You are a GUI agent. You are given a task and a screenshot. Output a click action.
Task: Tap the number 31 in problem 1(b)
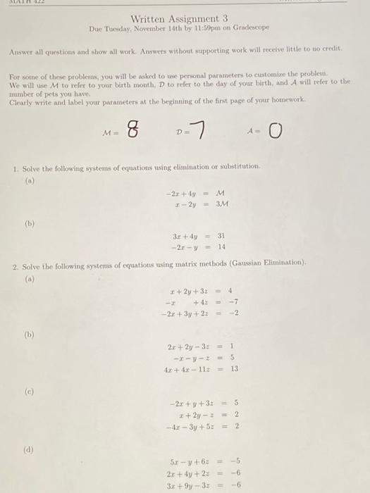point(221,235)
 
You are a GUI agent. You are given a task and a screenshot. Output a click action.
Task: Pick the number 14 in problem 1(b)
point(221,246)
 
